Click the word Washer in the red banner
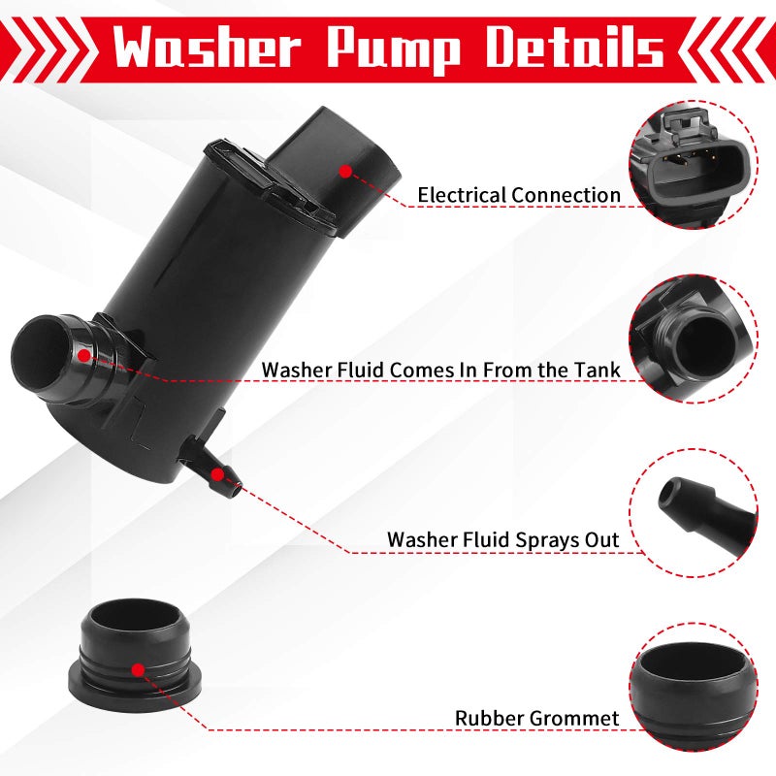pos(207,47)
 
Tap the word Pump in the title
pos(394,49)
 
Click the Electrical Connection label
pos(519,195)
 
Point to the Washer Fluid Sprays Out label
pos(502,539)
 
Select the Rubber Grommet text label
pos(537,718)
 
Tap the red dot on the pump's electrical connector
pos(346,172)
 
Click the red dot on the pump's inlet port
pos(84,355)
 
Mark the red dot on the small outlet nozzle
pos(216,475)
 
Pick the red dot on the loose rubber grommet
pos(139,670)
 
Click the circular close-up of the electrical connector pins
pos(693,165)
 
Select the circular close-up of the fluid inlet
pos(693,339)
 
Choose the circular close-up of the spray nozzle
pos(693,513)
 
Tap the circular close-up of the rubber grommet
pos(693,687)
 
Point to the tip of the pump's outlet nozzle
pos(238,491)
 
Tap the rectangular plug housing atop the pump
pos(336,163)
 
